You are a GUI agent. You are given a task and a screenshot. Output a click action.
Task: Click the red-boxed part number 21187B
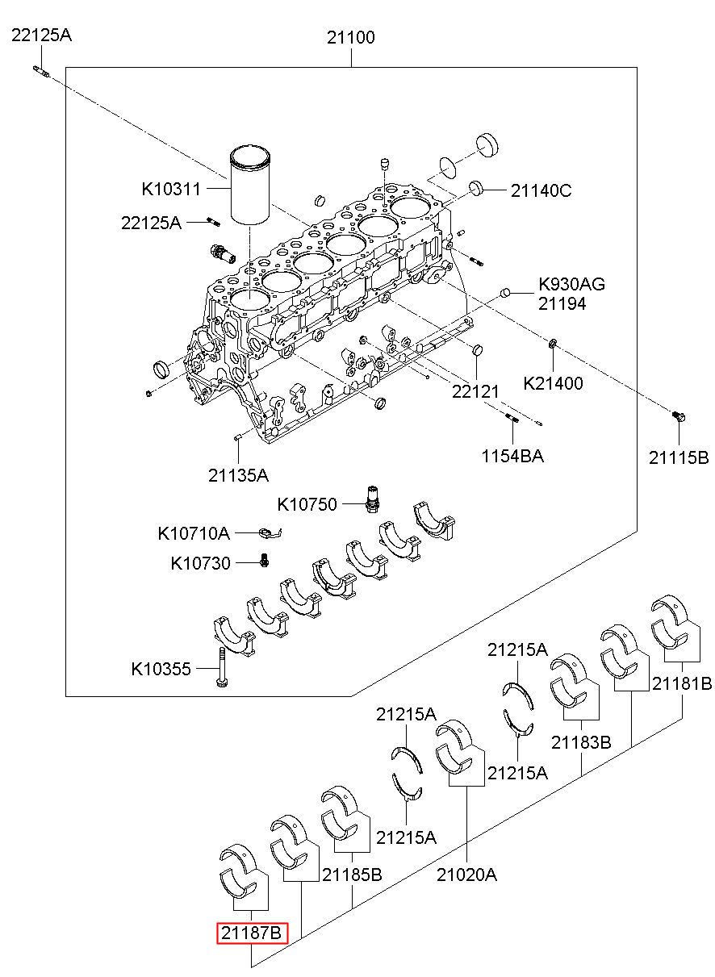point(252,933)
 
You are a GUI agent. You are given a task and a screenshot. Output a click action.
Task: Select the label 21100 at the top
point(351,37)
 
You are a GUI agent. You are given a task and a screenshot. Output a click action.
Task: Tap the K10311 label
point(171,190)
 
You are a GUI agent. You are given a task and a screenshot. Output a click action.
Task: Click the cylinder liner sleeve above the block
point(250,185)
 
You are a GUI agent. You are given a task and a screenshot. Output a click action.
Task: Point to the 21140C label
point(541,190)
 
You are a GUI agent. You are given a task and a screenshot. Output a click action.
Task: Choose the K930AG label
point(571,284)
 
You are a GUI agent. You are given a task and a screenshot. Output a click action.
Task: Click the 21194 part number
point(562,303)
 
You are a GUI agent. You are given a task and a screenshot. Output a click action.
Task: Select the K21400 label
point(553,383)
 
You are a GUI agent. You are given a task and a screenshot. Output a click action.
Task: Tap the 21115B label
point(679,457)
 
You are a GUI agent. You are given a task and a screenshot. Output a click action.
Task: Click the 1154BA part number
point(512,456)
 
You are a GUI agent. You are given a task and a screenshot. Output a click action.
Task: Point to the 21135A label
point(238,475)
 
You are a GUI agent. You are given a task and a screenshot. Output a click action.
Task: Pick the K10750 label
point(307,505)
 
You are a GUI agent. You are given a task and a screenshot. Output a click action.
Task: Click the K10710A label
point(194,533)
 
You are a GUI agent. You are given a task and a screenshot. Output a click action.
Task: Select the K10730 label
point(200,563)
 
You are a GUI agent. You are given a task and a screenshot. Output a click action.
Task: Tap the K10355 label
point(161,669)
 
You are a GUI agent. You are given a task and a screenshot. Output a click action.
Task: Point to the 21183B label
point(581,742)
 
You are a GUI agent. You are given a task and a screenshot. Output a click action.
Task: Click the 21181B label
point(682,683)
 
